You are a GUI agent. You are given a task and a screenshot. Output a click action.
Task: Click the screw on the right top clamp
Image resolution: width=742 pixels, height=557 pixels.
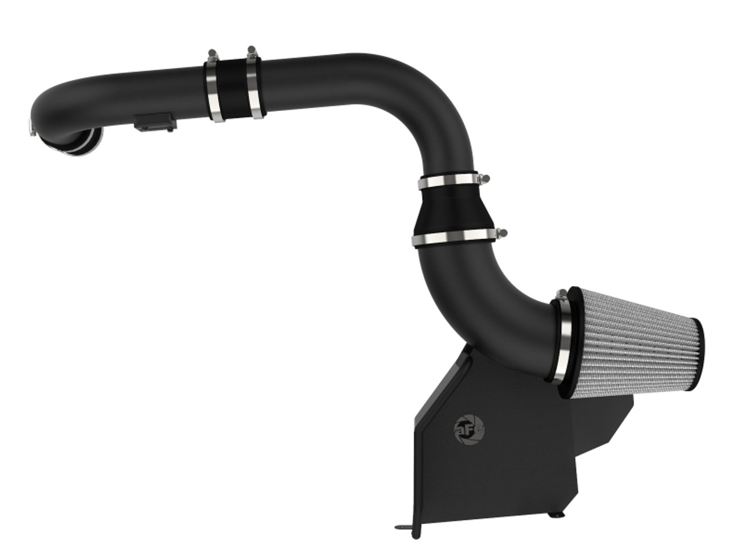click(x=250, y=51)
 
